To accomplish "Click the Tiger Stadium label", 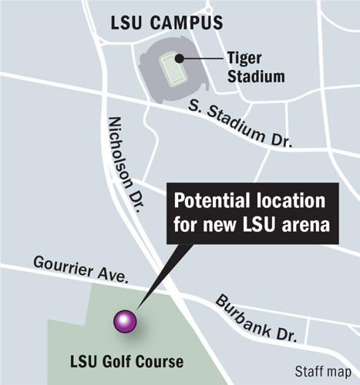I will coord(254,68).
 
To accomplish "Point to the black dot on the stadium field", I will coord(178,59).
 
